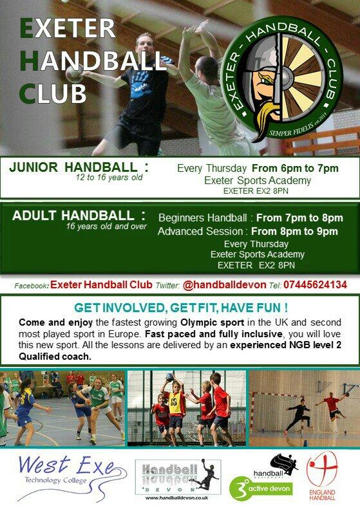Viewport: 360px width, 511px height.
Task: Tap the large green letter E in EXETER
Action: point(28,30)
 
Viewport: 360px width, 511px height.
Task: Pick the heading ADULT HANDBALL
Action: point(79,215)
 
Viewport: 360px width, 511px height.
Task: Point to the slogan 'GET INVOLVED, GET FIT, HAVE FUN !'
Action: point(180,308)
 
